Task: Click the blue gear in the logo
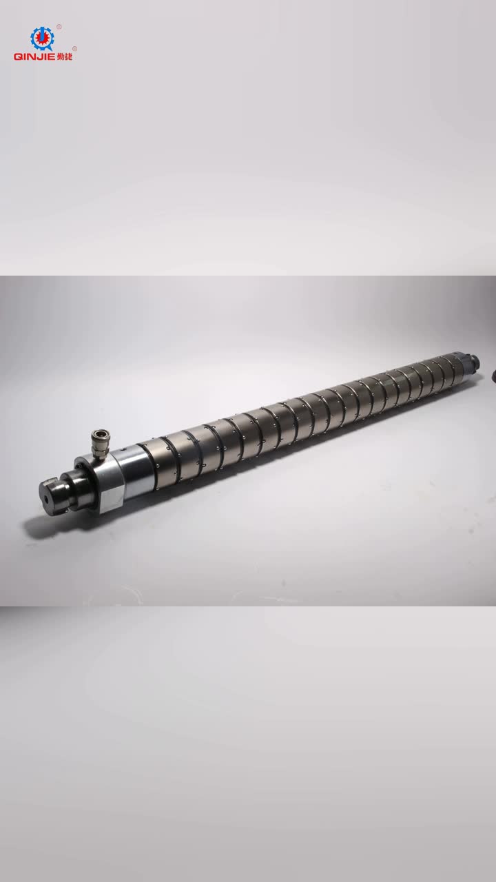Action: pyautogui.click(x=42, y=38)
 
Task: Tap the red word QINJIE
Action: pyautogui.click(x=34, y=57)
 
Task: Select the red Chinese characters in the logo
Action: pyautogui.click(x=65, y=57)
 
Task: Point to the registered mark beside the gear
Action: pyautogui.click(x=59, y=27)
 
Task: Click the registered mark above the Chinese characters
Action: pyautogui.click(x=75, y=49)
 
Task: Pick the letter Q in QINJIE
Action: pyautogui.click(x=18, y=57)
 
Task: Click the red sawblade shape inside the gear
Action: pyautogui.click(x=42, y=38)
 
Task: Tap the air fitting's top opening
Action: pyautogui.click(x=101, y=433)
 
